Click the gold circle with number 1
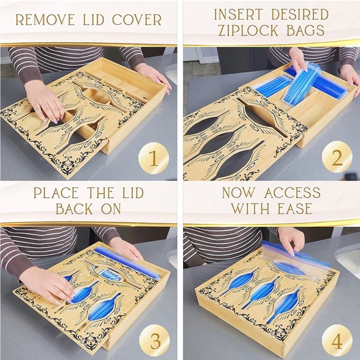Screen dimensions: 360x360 pyautogui.click(x=153, y=158)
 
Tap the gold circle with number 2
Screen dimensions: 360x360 pyautogui.click(x=337, y=157)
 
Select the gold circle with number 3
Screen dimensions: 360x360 pyautogui.click(x=155, y=340)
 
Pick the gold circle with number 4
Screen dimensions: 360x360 pyautogui.click(x=337, y=340)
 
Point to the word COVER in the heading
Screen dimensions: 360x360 pyautogui.click(x=137, y=20)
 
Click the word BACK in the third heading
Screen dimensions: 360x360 pyautogui.click(x=74, y=209)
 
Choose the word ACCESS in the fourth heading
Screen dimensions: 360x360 pyautogui.click(x=292, y=192)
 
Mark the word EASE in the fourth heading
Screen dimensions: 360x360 pyautogui.click(x=295, y=209)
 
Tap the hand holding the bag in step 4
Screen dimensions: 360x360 pyautogui.click(x=291, y=240)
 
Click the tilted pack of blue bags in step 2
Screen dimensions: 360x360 pyautogui.click(x=302, y=84)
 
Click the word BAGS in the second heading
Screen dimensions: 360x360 pyautogui.click(x=305, y=30)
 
